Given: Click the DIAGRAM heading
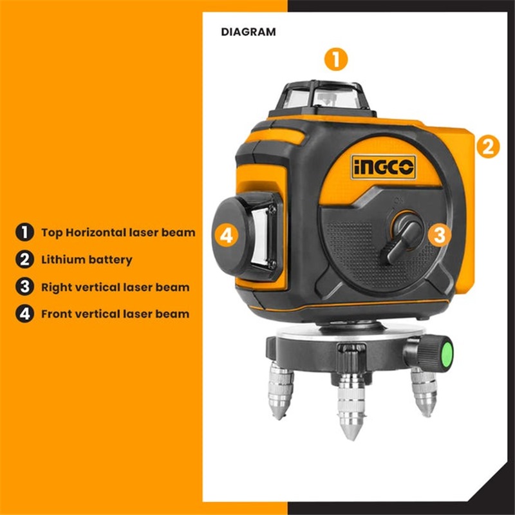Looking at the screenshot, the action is click(x=248, y=32).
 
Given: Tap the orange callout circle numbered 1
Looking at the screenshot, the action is click(x=335, y=59).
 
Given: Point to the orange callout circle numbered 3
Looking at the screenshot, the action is click(x=440, y=234).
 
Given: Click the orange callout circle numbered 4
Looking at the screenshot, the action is click(x=227, y=236).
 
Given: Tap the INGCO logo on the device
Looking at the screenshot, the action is click(x=384, y=167).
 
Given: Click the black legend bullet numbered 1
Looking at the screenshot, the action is click(x=24, y=232).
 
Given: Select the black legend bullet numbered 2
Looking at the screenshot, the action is click(x=24, y=259).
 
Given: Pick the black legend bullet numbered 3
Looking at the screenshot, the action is click(x=24, y=286).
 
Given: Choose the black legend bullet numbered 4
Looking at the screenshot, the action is click(x=24, y=314).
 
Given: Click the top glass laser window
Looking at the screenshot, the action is click(x=325, y=98).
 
